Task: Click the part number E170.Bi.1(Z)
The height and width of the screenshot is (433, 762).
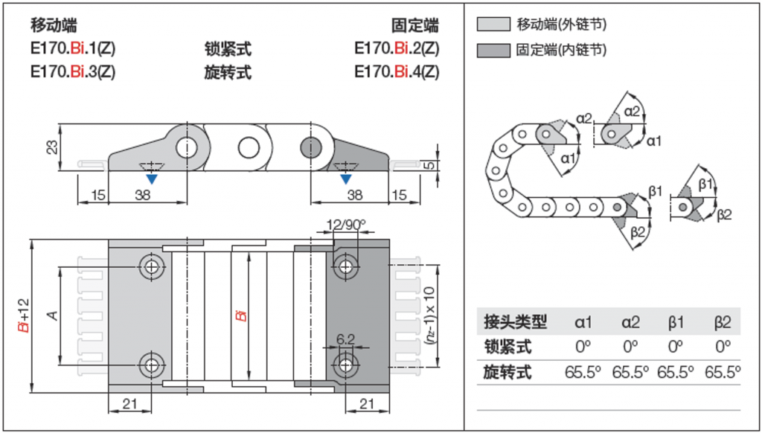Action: pyautogui.click(x=73, y=48)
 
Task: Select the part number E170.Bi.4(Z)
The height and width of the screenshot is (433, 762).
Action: pyautogui.click(x=397, y=72)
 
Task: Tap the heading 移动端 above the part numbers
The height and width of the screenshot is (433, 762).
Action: pyautogui.click(x=54, y=25)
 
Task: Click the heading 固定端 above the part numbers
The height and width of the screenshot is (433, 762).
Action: pyautogui.click(x=416, y=25)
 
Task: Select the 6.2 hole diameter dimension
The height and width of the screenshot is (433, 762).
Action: pyautogui.click(x=345, y=339)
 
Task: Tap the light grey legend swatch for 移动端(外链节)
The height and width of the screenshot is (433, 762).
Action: pyautogui.click(x=494, y=25)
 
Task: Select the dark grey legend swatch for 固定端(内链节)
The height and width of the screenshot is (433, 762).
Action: pyautogui.click(x=494, y=50)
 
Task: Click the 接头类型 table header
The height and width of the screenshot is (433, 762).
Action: pyautogui.click(x=515, y=321)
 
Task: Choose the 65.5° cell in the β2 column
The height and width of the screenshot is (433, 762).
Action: pyautogui.click(x=723, y=372)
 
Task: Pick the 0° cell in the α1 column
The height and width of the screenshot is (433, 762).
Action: pyautogui.click(x=583, y=347)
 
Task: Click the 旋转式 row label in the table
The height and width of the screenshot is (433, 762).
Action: pyautogui.click(x=508, y=373)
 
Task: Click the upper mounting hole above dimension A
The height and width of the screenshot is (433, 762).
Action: pyautogui.click(x=153, y=266)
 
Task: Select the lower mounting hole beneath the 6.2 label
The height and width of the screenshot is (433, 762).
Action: pyautogui.click(x=345, y=365)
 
